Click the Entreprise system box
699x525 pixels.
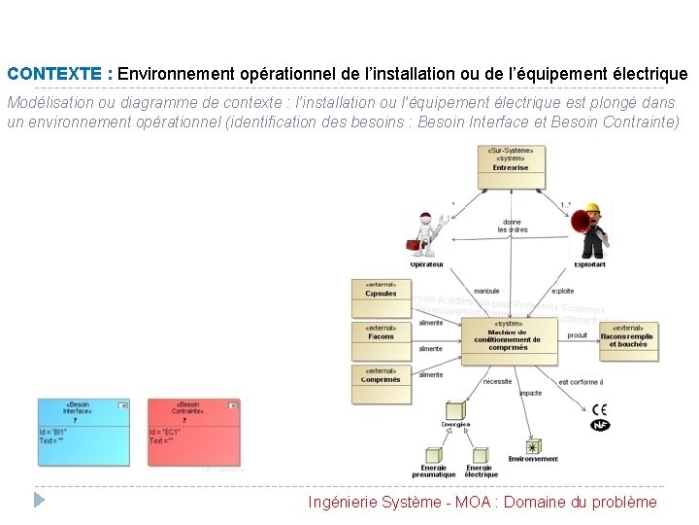pyautogui.click(x=511, y=167)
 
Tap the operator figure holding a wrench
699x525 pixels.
pyautogui.click(x=426, y=234)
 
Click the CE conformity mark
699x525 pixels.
pyautogui.click(x=601, y=410)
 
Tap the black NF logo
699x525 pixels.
pyautogui.click(x=601, y=426)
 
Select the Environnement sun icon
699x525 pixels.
pyautogui.click(x=533, y=447)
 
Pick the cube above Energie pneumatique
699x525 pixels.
pyautogui.click(x=433, y=455)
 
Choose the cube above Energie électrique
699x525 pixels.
pyautogui.click(x=480, y=455)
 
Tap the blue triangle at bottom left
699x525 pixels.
pyautogui.click(x=39, y=500)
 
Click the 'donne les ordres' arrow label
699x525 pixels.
pyautogui.click(x=513, y=227)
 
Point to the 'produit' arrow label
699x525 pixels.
pyautogui.click(x=577, y=335)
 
